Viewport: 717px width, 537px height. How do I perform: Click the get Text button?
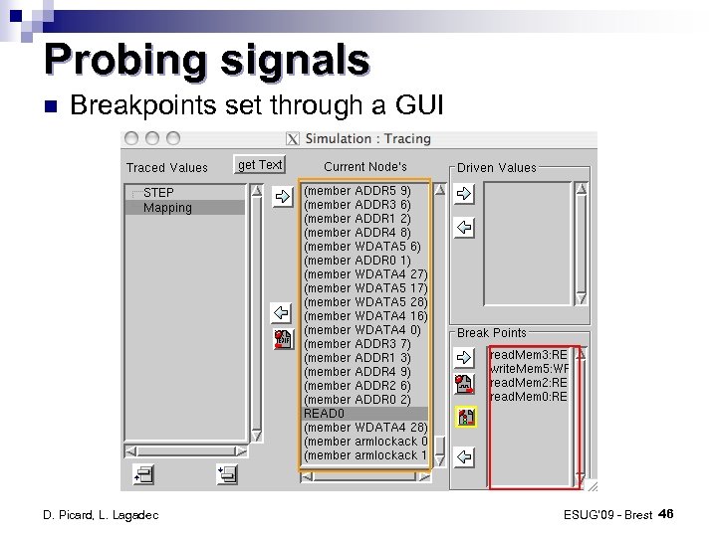click(x=260, y=165)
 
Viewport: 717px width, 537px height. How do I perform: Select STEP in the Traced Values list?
click(x=158, y=192)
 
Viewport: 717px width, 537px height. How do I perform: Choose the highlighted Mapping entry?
click(x=167, y=208)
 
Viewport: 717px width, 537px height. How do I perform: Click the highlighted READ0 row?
click(x=324, y=413)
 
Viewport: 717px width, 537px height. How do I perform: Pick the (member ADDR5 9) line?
click(x=358, y=190)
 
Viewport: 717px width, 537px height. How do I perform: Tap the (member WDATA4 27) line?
click(x=364, y=273)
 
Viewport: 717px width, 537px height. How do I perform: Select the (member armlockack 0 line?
click(x=365, y=441)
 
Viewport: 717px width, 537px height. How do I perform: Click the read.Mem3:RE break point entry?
click(x=528, y=354)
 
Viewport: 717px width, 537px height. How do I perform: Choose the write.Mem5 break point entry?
click(x=528, y=368)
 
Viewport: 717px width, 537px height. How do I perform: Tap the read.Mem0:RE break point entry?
click(x=528, y=396)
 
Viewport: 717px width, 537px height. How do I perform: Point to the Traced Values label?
click(x=166, y=167)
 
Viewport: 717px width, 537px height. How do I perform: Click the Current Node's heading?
click(x=365, y=166)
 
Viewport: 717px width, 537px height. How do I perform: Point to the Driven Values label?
click(x=496, y=167)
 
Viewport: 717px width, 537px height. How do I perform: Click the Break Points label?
click(x=491, y=333)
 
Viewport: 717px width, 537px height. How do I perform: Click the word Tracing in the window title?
click(x=407, y=139)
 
